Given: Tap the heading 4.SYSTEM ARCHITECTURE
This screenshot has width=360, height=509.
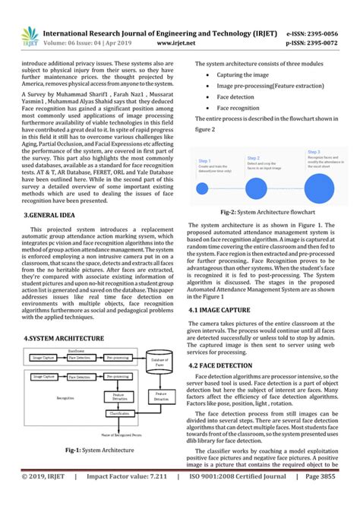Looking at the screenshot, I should [x=64, y=337].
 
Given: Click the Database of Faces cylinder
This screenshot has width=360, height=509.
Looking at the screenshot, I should [x=160, y=368].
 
